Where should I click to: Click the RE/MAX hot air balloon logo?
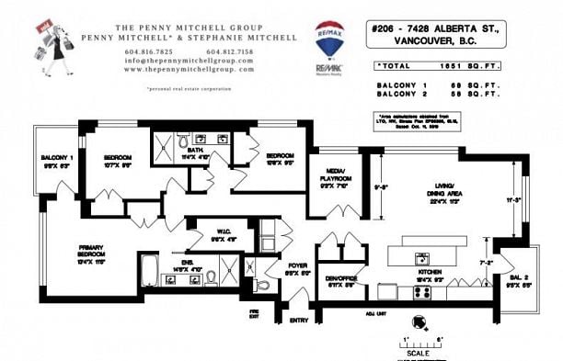tap(329, 38)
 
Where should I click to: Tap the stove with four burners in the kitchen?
tap(423, 292)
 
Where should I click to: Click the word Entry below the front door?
tap(299, 321)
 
